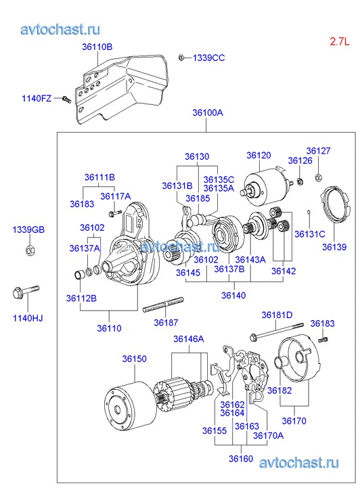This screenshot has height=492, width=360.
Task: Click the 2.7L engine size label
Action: coord(339,41)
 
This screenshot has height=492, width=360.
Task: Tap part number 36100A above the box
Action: coord(208,112)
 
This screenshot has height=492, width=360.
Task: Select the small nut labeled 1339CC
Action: coord(181,58)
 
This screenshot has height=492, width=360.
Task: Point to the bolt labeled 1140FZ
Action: coord(67,99)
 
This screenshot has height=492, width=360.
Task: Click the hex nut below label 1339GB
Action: coord(30,250)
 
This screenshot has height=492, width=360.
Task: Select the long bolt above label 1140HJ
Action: coord(26,292)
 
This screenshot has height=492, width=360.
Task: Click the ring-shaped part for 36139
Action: coord(334,204)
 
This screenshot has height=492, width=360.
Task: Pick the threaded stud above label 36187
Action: coord(163,305)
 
